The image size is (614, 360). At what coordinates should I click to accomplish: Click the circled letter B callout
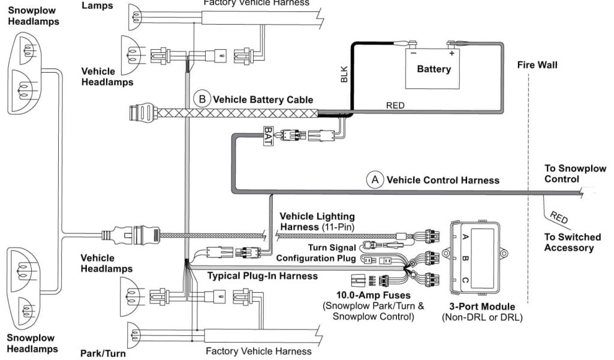tap(202, 99)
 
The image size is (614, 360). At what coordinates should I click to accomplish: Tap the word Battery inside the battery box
tap(434, 69)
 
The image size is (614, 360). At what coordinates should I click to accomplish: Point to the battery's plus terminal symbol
tap(451, 53)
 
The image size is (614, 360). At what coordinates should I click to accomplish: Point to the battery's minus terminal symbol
tap(413, 53)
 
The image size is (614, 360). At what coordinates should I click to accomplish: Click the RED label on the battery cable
tap(395, 105)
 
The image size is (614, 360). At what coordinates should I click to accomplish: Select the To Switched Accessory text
tap(568, 242)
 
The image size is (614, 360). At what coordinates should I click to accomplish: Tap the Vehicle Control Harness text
tap(443, 179)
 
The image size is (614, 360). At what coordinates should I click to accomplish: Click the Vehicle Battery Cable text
tap(263, 100)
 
